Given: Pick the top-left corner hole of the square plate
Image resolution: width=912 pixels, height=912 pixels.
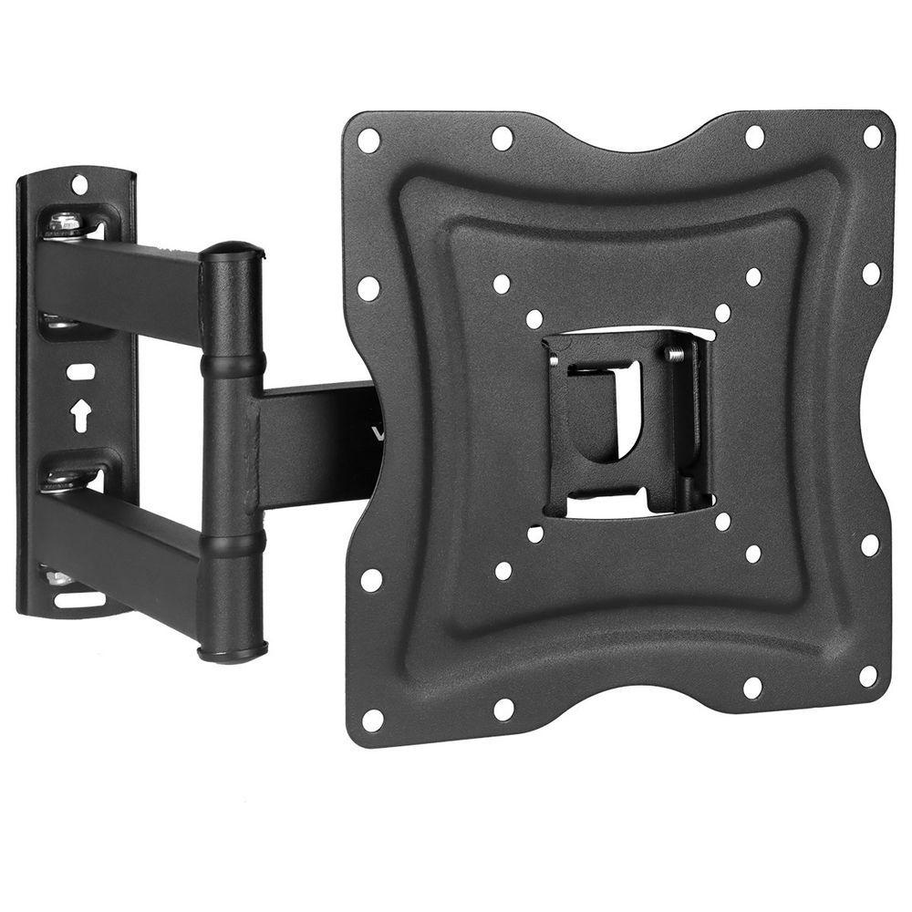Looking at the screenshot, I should (x=369, y=140).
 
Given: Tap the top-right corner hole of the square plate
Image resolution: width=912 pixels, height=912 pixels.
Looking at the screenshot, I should (x=872, y=137).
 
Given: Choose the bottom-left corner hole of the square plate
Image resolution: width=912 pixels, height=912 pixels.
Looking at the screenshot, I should (x=372, y=718).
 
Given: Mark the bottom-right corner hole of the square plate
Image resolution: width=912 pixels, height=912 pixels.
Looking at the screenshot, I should (x=868, y=676).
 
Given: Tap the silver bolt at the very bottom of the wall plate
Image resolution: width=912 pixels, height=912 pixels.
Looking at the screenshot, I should (x=57, y=578).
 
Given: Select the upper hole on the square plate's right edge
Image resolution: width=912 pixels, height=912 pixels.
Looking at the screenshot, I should (x=871, y=273).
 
